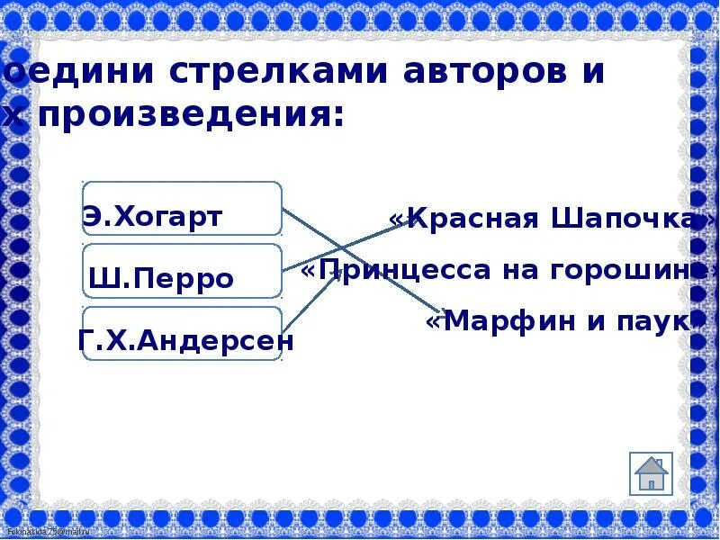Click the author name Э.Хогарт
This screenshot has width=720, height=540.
point(152,217)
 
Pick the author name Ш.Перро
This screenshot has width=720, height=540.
point(161,279)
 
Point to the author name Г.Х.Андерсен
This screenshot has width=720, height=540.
point(186,340)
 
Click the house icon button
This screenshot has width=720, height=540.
point(651,473)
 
